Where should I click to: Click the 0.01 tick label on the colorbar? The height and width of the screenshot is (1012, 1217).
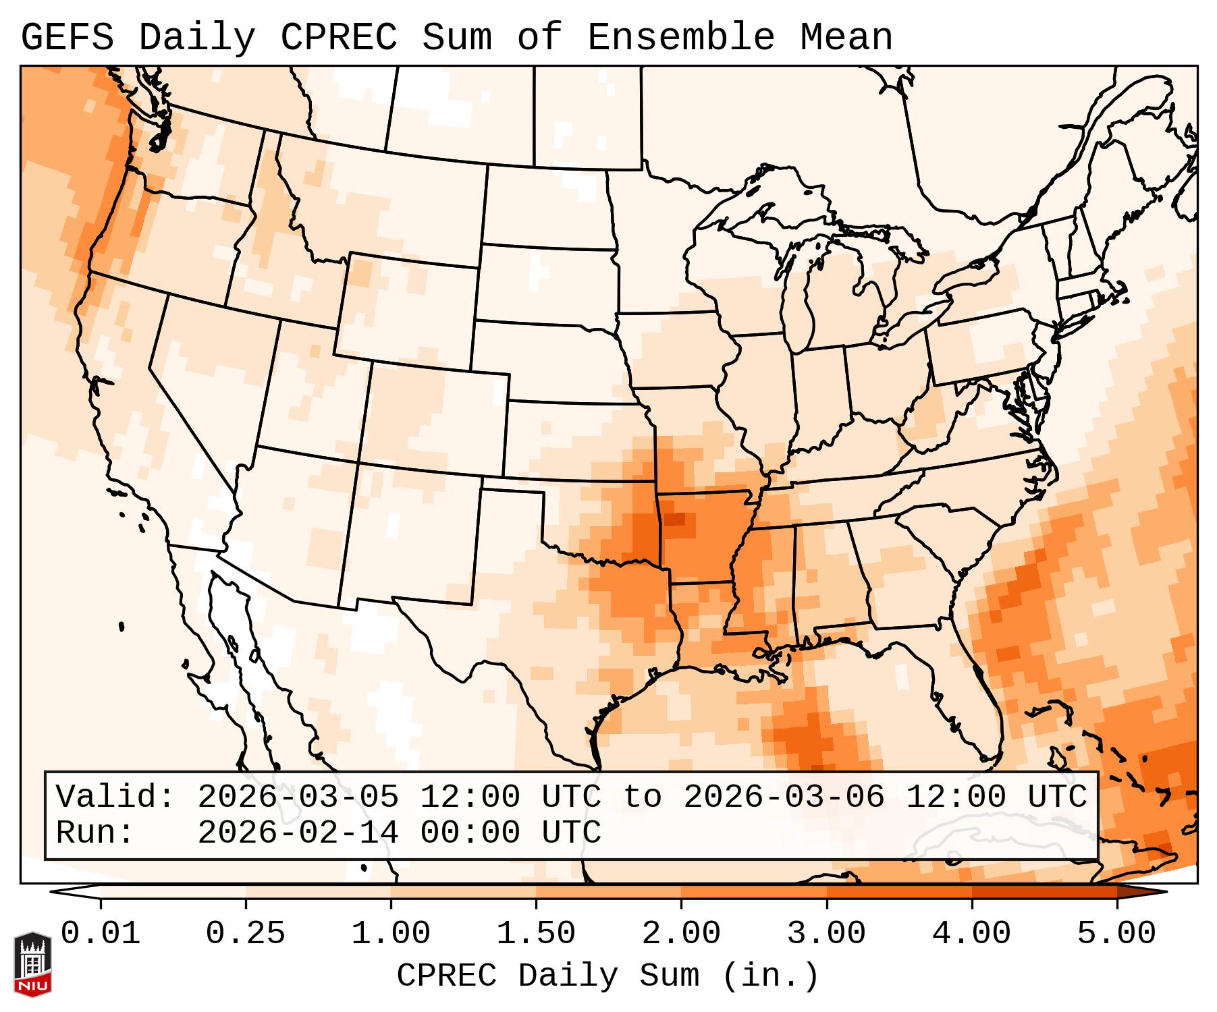point(101,934)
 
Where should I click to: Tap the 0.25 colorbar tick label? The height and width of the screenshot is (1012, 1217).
point(246,934)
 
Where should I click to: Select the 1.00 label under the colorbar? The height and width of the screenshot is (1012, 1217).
point(391,934)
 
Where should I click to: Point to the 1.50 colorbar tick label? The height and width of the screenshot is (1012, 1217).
point(536,934)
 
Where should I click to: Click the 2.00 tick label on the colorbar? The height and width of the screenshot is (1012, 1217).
point(681,934)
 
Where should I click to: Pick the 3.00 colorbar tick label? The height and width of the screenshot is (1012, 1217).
point(826,934)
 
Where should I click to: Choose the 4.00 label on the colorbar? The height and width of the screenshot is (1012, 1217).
point(971,934)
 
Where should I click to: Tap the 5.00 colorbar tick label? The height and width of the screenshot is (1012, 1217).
point(1116,934)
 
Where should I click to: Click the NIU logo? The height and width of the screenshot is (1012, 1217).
point(32,965)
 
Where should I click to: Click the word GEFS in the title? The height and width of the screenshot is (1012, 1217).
point(67,38)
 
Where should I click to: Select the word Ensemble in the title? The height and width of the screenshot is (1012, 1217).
point(681,38)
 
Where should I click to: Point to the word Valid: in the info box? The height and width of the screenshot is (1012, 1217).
point(115,797)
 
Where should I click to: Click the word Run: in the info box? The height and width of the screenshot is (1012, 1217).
point(95,833)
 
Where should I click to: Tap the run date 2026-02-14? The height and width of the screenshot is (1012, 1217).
point(298,833)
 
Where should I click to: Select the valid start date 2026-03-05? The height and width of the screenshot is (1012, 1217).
point(298,797)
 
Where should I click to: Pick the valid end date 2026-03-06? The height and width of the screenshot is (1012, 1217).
point(784,797)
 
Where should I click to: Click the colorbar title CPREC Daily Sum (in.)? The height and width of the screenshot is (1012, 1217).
point(608,976)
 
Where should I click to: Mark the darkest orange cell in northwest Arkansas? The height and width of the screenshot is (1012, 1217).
point(674,519)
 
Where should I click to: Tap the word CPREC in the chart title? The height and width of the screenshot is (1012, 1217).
point(339,38)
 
